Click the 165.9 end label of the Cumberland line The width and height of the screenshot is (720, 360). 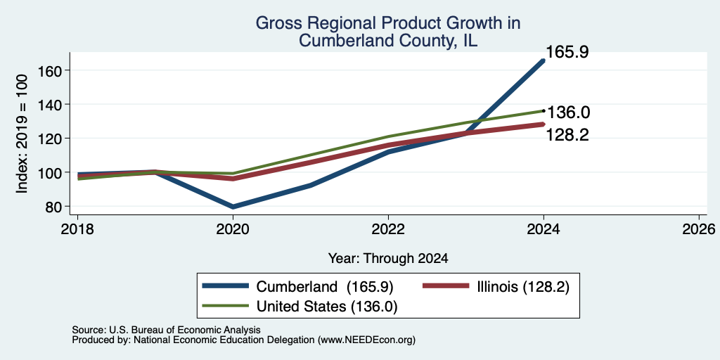pos(567,52)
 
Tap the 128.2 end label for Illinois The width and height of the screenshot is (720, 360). pos(567,135)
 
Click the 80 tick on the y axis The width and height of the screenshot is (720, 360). pos(54,207)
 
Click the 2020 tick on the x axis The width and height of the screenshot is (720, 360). pos(233,229)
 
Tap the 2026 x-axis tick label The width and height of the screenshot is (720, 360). pos(699,229)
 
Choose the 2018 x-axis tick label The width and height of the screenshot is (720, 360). pos(78,229)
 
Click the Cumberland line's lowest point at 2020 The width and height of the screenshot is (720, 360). pos(233,207)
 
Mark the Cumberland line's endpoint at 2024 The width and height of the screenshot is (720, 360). pos(544,60)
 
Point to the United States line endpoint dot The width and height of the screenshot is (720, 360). pos(544,110)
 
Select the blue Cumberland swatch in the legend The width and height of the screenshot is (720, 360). pos(226,287)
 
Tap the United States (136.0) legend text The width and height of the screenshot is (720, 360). pos(326,307)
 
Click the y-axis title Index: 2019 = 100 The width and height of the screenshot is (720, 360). pos(22,133)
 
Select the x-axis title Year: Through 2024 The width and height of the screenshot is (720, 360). pos(388,259)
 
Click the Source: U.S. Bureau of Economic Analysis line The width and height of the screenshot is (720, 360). pos(166,330)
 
